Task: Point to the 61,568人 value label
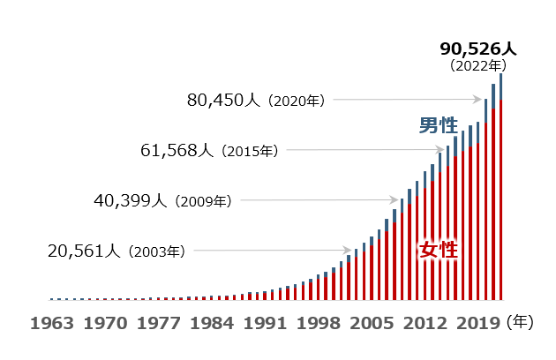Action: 177,151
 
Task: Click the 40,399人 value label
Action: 130,201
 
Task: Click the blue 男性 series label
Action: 438,125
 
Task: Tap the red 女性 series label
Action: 438,250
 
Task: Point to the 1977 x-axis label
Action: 160,323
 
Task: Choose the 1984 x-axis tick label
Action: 214,323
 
